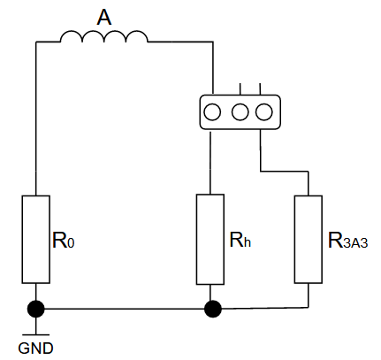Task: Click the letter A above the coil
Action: point(104,18)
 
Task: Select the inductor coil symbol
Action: point(104,36)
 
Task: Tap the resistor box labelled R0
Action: point(35,239)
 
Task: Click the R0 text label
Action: point(64,241)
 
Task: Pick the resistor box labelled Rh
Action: point(210,239)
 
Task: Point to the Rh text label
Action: point(240,240)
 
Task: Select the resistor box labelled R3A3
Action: point(309,240)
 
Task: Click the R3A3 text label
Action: point(347,241)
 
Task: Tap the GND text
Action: point(35,349)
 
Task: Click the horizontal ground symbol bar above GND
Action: point(35,335)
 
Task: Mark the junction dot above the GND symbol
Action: point(35,309)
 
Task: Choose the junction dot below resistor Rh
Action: point(212,309)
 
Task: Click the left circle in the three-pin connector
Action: point(212,112)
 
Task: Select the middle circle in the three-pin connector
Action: point(240,112)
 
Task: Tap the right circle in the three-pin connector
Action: point(263,112)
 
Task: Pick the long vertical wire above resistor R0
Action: point(36,119)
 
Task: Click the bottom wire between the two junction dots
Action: point(124,309)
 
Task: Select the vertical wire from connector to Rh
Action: point(210,162)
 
